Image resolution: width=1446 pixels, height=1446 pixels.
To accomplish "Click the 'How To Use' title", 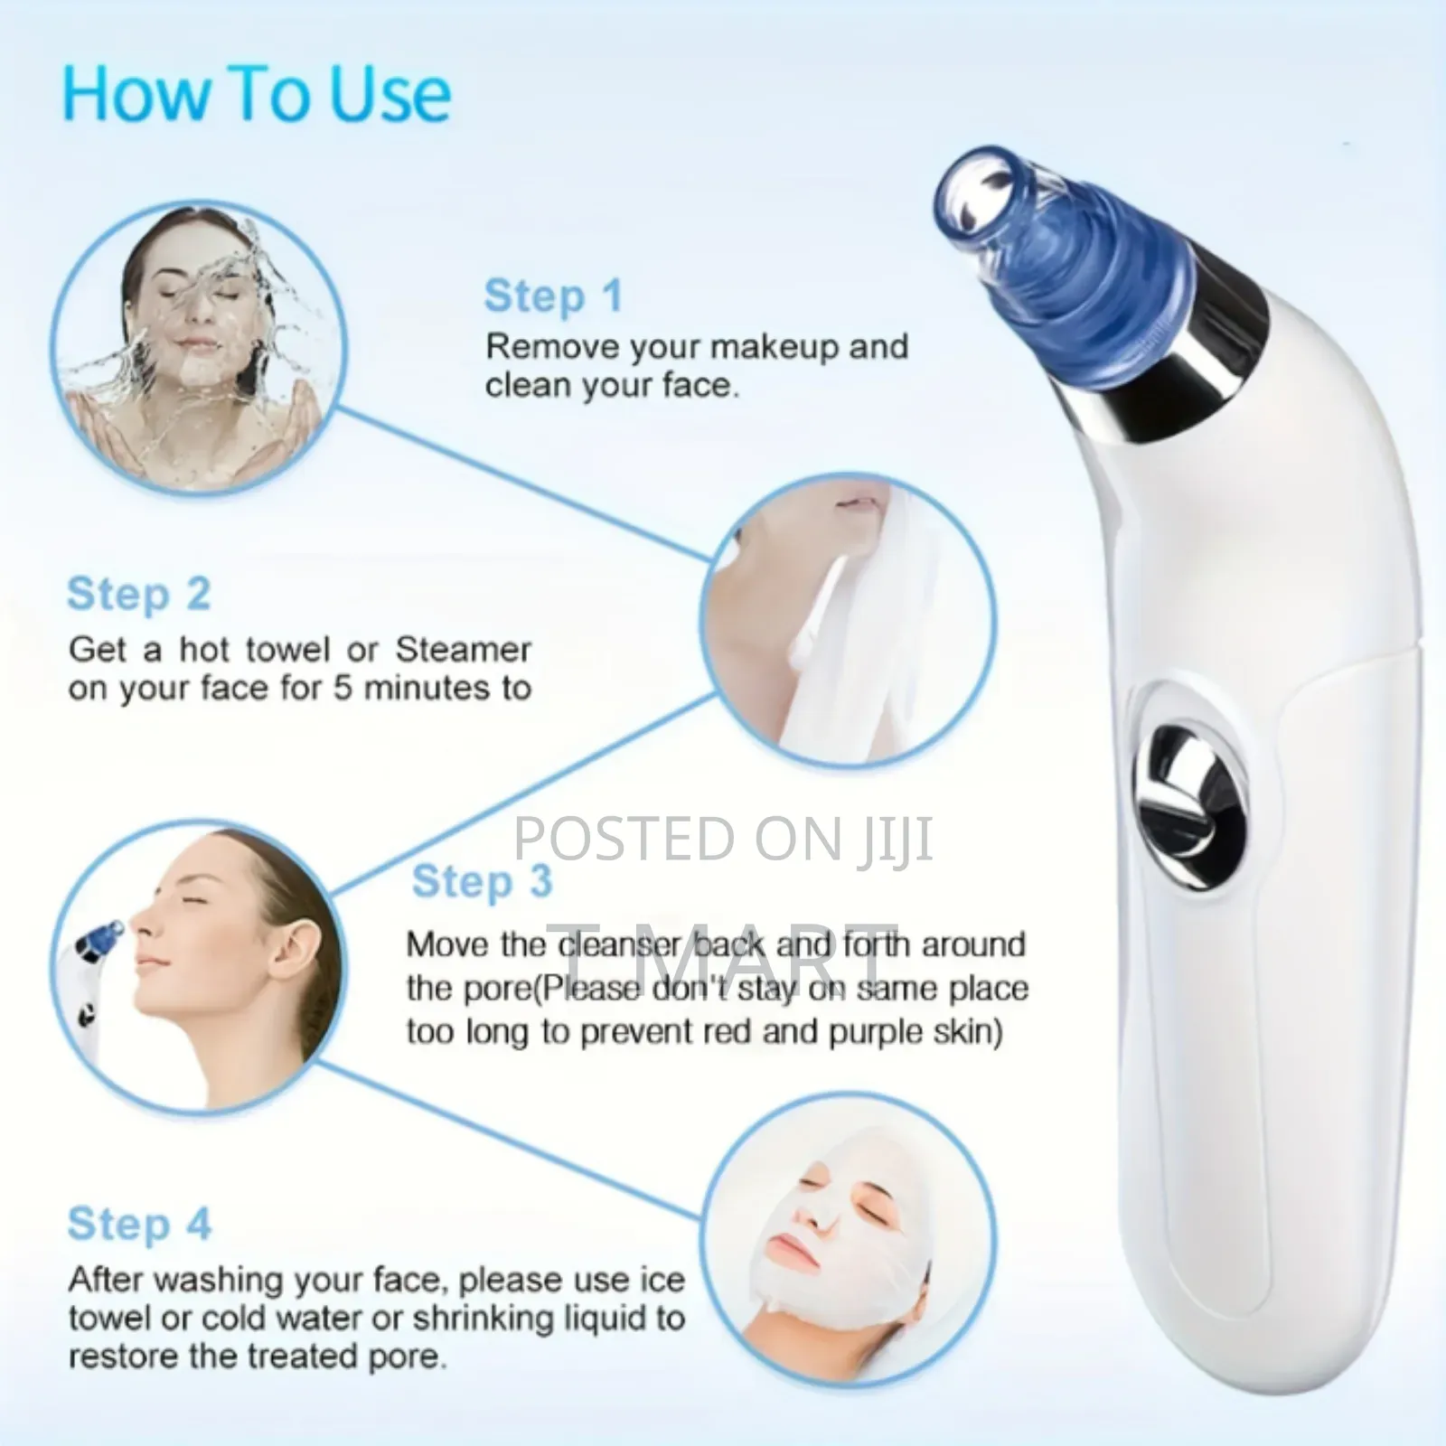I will point(257,94).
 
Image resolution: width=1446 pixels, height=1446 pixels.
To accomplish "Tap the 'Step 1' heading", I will point(553,296).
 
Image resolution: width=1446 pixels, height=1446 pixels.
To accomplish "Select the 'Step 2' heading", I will point(138,595).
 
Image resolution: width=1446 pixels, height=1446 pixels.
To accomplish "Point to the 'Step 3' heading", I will point(482,881).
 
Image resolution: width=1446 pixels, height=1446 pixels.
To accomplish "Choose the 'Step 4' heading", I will point(139,1224).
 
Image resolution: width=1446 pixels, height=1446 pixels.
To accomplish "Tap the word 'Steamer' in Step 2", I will point(463,649).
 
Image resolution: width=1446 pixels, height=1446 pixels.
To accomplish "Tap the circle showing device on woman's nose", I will point(197,967).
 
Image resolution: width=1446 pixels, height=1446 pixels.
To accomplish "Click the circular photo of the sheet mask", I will point(848,1260).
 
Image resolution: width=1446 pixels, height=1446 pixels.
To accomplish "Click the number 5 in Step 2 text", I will point(343,689).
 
